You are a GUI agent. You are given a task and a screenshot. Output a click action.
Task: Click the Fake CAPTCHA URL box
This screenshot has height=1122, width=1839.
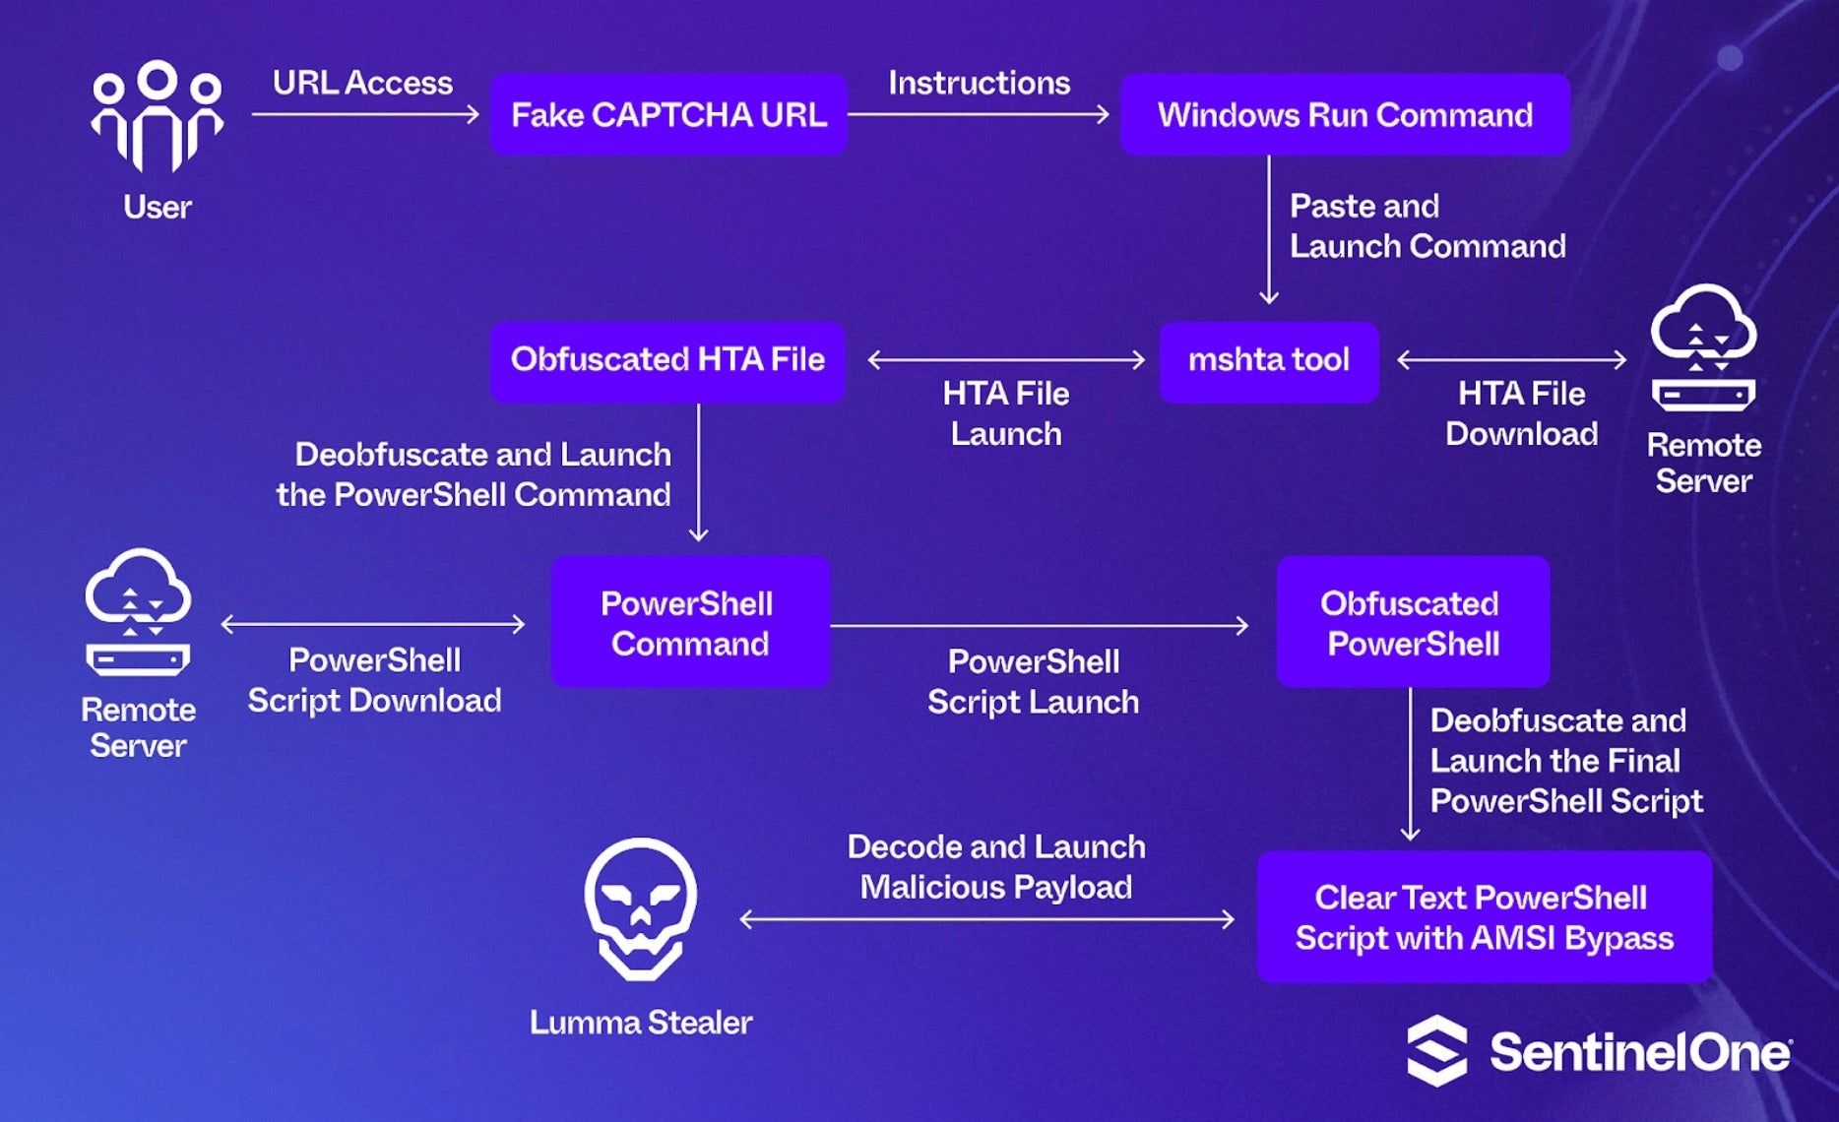pyautogui.click(x=668, y=115)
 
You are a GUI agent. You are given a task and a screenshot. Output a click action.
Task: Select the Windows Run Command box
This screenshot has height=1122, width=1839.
pyautogui.click(x=1345, y=115)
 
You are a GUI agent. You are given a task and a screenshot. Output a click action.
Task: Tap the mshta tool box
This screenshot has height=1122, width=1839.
pyautogui.click(x=1268, y=360)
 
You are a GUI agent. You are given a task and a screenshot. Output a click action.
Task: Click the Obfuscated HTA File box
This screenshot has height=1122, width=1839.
pyautogui.click(x=667, y=360)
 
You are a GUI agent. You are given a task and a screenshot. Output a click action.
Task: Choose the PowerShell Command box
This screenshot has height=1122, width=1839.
pyautogui.click(x=689, y=623)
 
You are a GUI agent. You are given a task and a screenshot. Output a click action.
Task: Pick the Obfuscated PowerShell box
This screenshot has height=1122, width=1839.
pyautogui.click(x=1413, y=623)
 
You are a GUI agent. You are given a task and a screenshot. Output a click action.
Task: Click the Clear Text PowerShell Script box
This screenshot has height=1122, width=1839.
pyautogui.click(x=1484, y=917)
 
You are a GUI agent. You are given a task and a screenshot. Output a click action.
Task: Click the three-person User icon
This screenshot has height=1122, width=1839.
pyautogui.click(x=158, y=115)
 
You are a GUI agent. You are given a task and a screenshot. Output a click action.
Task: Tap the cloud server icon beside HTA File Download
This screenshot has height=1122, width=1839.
pyautogui.click(x=1703, y=348)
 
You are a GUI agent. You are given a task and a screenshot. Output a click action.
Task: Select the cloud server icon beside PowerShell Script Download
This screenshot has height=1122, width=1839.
pyautogui.click(x=138, y=612)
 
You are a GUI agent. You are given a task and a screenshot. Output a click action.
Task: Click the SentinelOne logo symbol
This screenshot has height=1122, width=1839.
pyautogui.click(x=1437, y=1051)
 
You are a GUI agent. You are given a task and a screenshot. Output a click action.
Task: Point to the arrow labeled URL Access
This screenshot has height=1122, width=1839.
pyautogui.click(x=364, y=115)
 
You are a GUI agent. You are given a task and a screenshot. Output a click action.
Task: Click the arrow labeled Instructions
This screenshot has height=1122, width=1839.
pyautogui.click(x=979, y=115)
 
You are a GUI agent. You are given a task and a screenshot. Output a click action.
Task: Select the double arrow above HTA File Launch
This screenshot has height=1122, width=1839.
pyautogui.click(x=1006, y=360)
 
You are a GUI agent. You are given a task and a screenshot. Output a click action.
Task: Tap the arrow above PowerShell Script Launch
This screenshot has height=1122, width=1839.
pyautogui.click(x=1039, y=625)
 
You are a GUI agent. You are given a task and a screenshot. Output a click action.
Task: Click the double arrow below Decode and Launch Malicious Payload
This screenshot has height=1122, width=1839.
pyautogui.click(x=986, y=919)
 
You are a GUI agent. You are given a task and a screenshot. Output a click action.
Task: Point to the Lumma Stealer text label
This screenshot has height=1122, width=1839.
pyautogui.click(x=641, y=1023)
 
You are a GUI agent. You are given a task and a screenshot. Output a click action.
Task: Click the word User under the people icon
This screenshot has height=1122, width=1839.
pyautogui.click(x=158, y=208)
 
